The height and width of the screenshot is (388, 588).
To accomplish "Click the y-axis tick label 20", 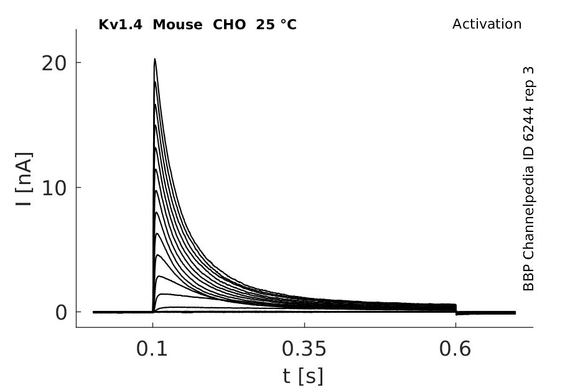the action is pyautogui.click(x=54, y=63).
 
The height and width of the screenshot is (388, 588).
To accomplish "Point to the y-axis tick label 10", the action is pyautogui.click(x=54, y=188).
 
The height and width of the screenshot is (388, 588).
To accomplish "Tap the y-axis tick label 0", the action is pyautogui.click(x=61, y=313).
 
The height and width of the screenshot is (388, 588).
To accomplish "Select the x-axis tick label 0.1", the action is pyautogui.click(x=151, y=349).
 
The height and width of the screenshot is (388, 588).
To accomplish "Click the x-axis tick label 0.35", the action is pyautogui.click(x=304, y=349).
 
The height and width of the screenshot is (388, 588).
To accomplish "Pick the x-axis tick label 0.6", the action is pyautogui.click(x=455, y=349).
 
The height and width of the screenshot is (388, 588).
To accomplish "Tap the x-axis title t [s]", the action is pyautogui.click(x=303, y=376).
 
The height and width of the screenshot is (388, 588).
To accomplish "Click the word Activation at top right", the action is pyautogui.click(x=487, y=24).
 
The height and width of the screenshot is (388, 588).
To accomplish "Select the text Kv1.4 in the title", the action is pyautogui.click(x=120, y=25).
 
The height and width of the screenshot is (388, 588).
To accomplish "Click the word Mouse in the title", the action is pyautogui.click(x=177, y=25).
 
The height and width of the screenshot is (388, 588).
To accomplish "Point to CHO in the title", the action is pyautogui.click(x=229, y=25).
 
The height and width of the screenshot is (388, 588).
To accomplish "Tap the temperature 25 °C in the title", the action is pyautogui.click(x=276, y=25).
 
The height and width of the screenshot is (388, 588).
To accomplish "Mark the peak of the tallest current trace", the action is pyautogui.click(x=154, y=59).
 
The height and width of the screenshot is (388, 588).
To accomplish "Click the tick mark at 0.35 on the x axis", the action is pyautogui.click(x=304, y=325).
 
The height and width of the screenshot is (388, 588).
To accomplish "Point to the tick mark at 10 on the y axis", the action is pyautogui.click(x=78, y=187).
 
